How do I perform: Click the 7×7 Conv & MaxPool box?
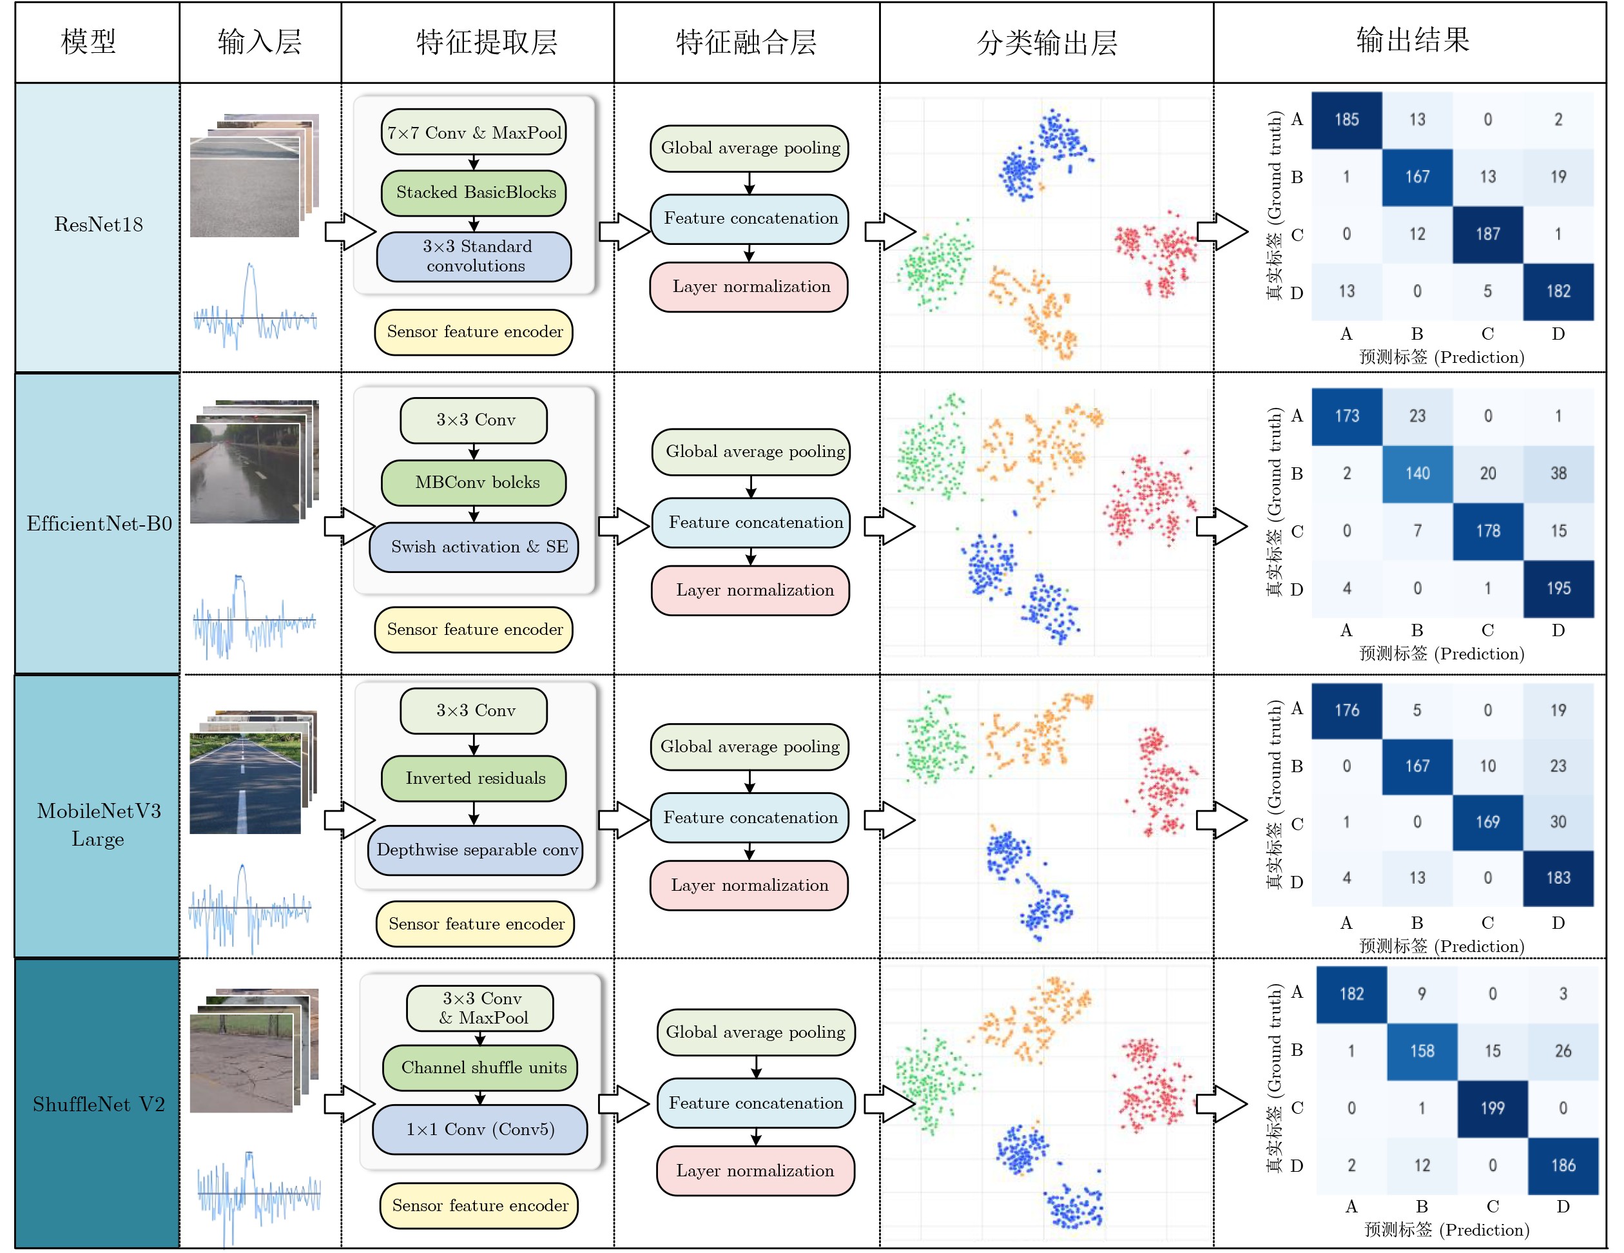pos(474,132)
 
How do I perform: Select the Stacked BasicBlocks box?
pos(474,193)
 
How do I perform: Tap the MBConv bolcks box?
pos(474,483)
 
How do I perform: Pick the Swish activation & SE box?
pos(474,547)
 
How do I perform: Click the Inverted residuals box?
pos(474,779)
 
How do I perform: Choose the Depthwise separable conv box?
pos(475,850)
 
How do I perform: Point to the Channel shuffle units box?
pos(480,1068)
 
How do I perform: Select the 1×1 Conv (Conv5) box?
pos(480,1129)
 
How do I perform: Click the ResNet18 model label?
pos(98,224)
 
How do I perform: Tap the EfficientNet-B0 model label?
pos(98,524)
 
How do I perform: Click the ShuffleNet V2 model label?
pos(98,1104)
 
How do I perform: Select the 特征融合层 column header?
pos(746,43)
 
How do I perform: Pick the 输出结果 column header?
pos(1412,41)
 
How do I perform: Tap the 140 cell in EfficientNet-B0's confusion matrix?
pos(1416,474)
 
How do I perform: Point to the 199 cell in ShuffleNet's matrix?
pos(1492,1108)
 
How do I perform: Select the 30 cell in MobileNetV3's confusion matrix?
pos(1558,822)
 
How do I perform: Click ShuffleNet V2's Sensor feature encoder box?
pos(479,1205)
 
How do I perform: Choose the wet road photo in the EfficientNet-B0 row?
pos(246,472)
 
